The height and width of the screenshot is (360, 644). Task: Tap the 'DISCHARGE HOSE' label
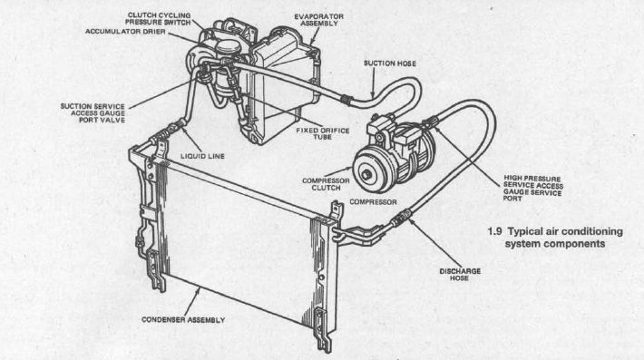click(463, 275)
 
